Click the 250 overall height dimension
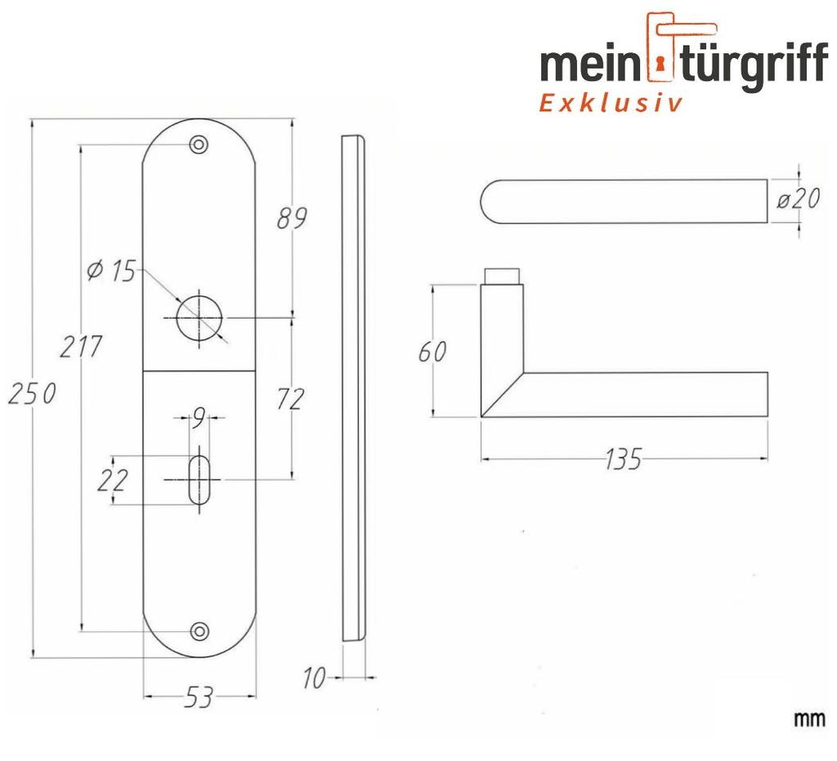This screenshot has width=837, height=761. pyautogui.click(x=32, y=394)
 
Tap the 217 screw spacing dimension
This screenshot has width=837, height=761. pyautogui.click(x=80, y=347)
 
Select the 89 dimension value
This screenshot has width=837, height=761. pyautogui.click(x=292, y=217)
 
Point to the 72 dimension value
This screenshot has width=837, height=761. pyautogui.click(x=290, y=399)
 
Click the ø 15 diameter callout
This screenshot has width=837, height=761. pyautogui.click(x=111, y=271)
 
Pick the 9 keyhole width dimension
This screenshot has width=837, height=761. pyautogui.click(x=199, y=418)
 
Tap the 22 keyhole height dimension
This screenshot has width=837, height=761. pyautogui.click(x=113, y=480)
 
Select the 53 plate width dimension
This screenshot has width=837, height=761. pyautogui.click(x=199, y=697)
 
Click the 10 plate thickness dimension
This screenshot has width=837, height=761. pyautogui.click(x=314, y=678)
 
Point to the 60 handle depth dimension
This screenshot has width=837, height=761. pyautogui.click(x=432, y=351)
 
